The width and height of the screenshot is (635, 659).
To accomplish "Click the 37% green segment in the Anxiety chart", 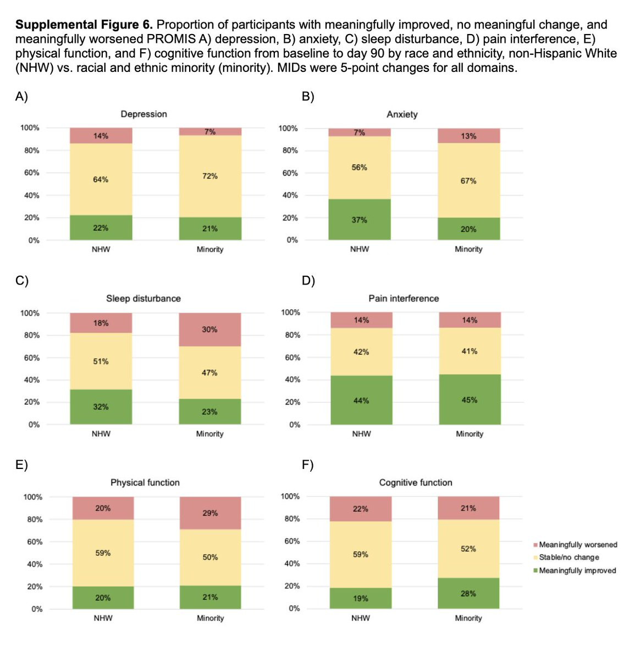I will (x=359, y=220).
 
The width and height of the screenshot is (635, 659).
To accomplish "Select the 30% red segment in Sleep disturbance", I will (x=209, y=329).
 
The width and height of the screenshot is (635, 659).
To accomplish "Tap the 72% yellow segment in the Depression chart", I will (x=210, y=176).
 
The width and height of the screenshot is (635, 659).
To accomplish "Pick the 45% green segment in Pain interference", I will (x=470, y=400).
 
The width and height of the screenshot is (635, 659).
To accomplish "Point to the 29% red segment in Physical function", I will (x=210, y=513).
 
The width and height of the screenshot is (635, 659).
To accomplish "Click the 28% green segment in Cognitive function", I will (x=468, y=593).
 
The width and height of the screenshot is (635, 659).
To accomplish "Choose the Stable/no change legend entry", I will (x=568, y=557).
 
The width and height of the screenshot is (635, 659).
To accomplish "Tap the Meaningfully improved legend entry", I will (x=577, y=571).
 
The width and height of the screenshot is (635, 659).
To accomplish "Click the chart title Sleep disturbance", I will (x=143, y=298).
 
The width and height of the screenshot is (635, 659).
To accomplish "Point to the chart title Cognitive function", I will (x=416, y=482).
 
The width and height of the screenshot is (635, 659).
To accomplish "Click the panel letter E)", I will (x=21, y=465).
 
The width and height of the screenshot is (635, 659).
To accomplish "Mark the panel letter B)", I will (x=308, y=96).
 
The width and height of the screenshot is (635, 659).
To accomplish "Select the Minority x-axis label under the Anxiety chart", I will (x=468, y=249).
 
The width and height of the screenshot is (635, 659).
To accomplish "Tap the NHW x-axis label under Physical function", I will (x=103, y=618).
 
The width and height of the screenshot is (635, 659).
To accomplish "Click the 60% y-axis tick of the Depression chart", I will (x=31, y=172).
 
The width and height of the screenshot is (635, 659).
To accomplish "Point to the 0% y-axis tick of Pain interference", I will (x=295, y=425).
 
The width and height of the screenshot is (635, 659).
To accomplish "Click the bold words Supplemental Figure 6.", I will (x=84, y=25).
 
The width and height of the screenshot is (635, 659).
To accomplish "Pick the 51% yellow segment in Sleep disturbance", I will (x=101, y=361).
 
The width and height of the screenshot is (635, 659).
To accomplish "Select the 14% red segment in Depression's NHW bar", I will (x=101, y=136).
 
